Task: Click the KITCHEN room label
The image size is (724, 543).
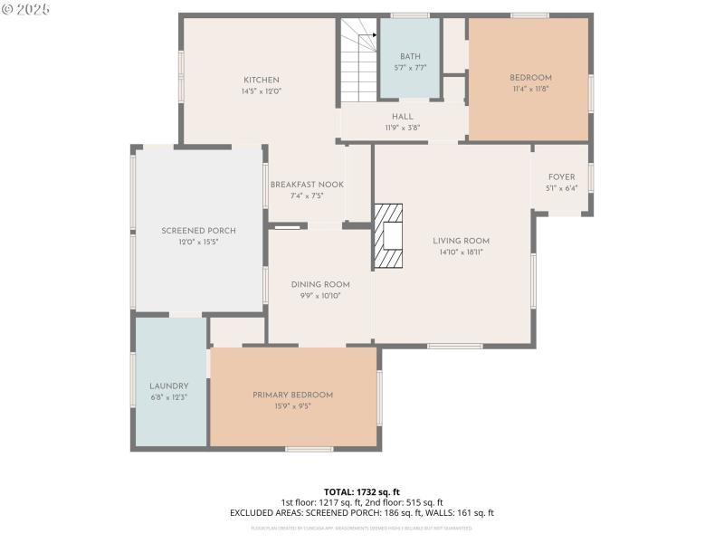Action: tap(261, 80)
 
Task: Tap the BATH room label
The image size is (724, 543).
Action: tap(410, 56)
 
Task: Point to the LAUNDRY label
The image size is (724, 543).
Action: tap(169, 386)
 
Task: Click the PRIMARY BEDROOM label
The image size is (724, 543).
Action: tap(292, 395)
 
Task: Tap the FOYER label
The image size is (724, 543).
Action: tap(561, 177)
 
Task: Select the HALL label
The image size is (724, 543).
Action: tap(402, 117)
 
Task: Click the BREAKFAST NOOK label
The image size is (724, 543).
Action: tap(307, 185)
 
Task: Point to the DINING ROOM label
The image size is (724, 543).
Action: tap(319, 284)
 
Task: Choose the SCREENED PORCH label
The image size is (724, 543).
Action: tap(198, 231)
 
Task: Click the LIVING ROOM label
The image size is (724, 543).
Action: tap(461, 241)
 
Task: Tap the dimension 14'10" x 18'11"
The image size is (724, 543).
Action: tap(461, 252)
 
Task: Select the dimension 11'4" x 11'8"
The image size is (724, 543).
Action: tap(529, 89)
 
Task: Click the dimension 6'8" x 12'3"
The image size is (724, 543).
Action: tap(169, 397)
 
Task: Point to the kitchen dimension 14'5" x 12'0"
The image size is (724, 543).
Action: tap(261, 91)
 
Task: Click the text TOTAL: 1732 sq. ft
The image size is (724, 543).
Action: tap(361, 491)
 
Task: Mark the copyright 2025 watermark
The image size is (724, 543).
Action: tap(26, 8)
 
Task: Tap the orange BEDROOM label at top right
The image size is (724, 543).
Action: tap(529, 78)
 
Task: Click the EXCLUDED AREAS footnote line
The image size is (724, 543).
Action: tap(361, 513)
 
